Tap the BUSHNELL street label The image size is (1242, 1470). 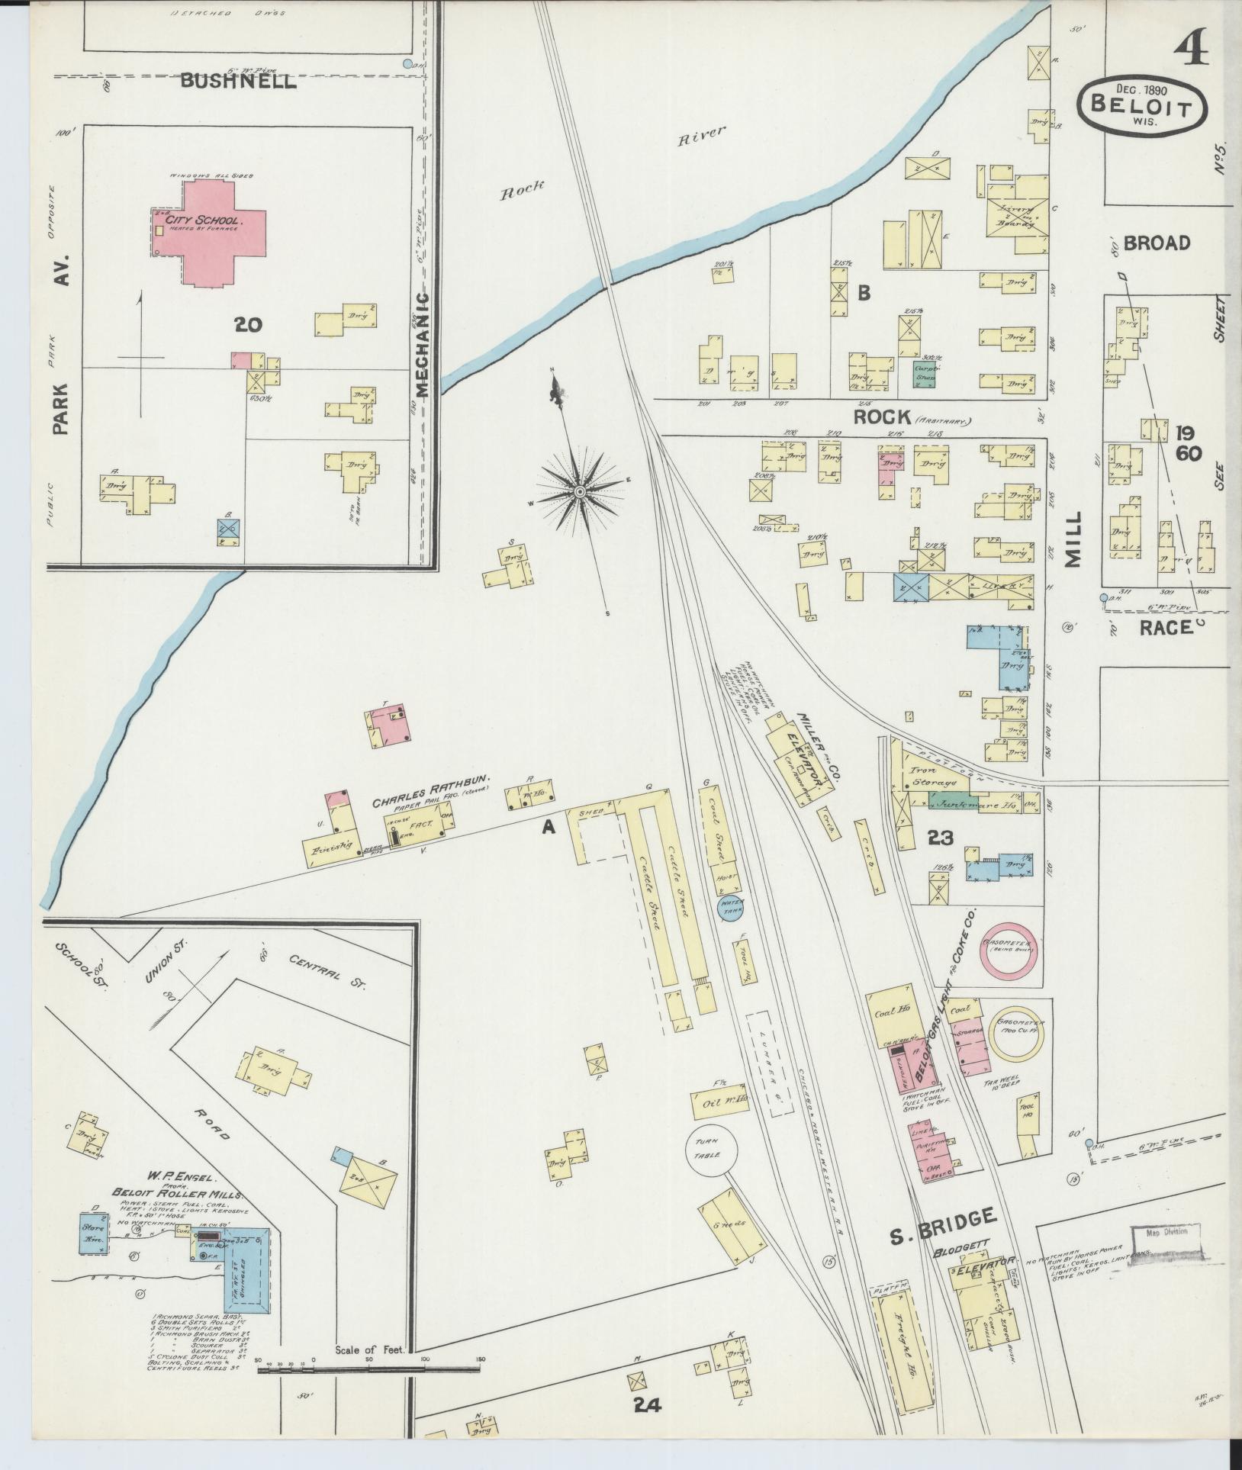238,82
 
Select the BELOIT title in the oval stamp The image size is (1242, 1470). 1141,107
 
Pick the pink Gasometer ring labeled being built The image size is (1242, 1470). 1009,950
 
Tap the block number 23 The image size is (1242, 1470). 940,838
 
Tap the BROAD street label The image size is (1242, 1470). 1157,243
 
